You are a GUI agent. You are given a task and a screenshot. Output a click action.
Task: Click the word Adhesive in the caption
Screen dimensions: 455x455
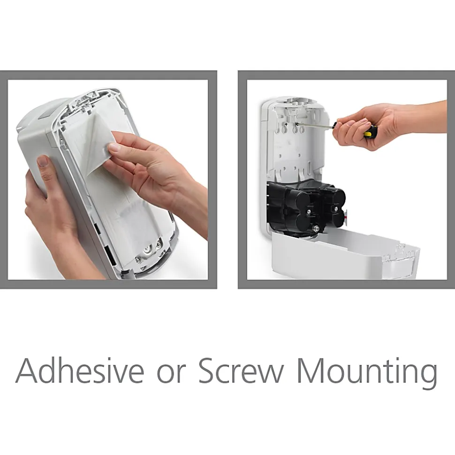click(x=79, y=371)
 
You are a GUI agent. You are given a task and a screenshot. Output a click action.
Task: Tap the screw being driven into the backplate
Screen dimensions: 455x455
click(x=296, y=125)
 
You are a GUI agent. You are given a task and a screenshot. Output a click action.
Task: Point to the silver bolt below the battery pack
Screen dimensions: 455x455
click(x=313, y=229)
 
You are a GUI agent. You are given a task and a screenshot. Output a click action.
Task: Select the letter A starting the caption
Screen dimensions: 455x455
click(x=28, y=372)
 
